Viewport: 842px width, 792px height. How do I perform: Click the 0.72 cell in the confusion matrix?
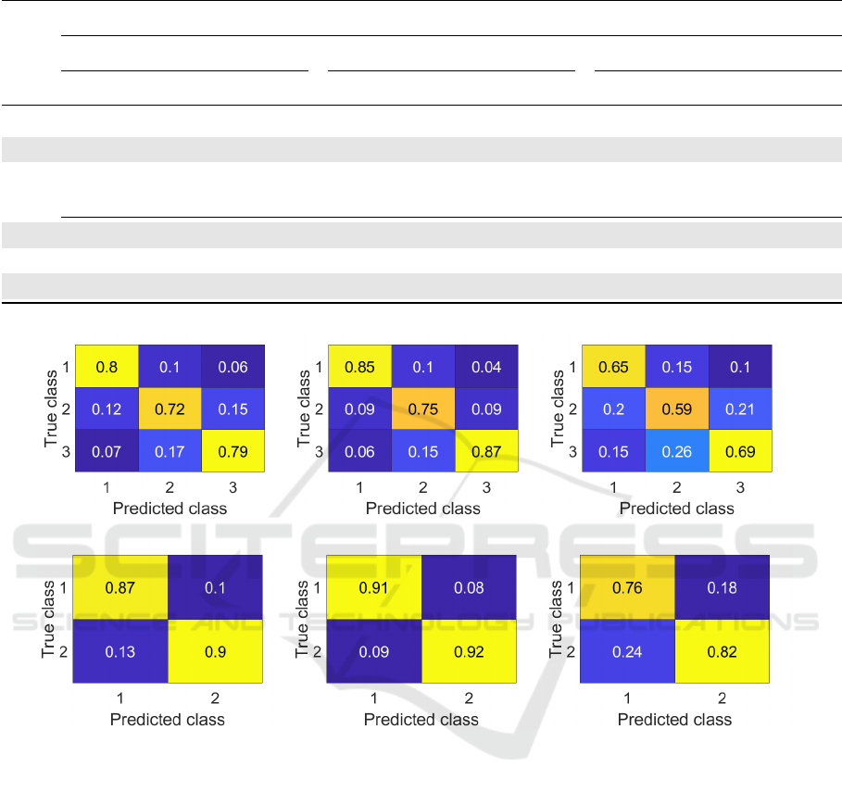[170, 409]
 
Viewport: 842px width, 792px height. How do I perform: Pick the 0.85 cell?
[360, 366]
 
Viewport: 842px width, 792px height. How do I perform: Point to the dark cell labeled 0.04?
[486, 366]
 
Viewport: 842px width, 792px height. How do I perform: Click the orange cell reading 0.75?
[423, 409]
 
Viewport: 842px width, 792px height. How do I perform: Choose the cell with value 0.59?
[677, 409]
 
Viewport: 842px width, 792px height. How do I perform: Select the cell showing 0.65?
[613, 366]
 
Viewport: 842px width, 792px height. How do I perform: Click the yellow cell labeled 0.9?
[216, 651]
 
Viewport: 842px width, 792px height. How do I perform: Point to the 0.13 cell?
[120, 651]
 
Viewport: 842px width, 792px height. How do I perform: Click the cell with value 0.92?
[470, 651]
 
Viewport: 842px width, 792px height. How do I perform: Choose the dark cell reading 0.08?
[470, 588]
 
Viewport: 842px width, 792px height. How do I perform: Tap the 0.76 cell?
[628, 588]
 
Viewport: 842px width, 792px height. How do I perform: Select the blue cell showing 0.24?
[628, 651]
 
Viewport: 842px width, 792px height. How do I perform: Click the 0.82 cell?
[723, 651]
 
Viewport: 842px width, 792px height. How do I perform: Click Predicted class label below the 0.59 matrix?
[676, 509]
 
